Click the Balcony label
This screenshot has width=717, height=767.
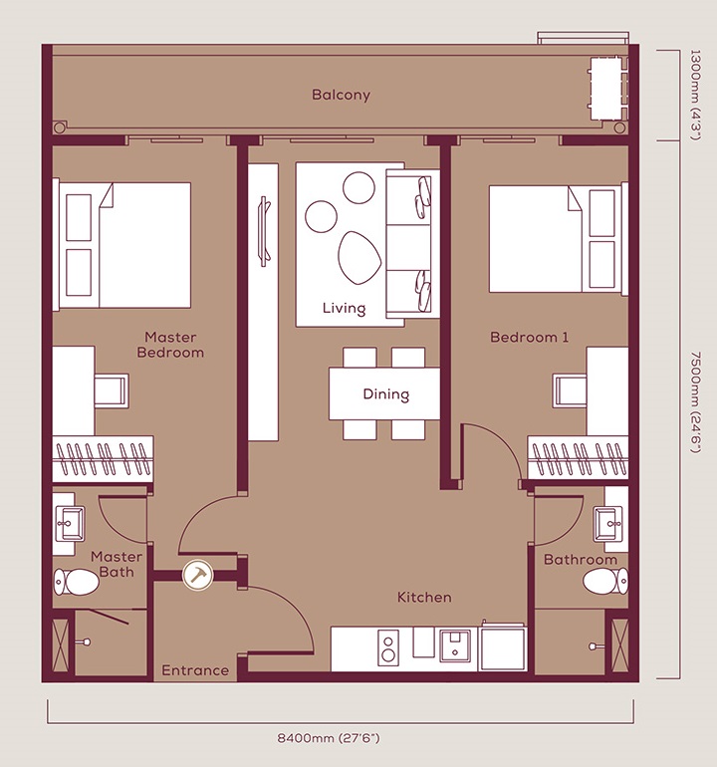341,95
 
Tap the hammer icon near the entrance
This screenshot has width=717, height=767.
197,575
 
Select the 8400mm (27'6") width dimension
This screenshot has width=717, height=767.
329,738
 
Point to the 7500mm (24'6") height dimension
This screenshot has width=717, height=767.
694,401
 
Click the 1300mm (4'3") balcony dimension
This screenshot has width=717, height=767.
694,95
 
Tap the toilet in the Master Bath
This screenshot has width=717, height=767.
76,581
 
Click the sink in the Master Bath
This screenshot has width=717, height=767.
70,523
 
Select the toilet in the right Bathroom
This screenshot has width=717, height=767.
605,582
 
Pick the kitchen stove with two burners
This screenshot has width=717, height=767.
388,648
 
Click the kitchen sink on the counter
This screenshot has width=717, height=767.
455,645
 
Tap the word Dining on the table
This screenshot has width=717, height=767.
386,394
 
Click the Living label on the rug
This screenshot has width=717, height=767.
344,308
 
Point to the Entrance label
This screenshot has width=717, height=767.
195,670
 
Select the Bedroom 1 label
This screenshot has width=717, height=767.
529,337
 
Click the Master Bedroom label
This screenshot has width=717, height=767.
170,345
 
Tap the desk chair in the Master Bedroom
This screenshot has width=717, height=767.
112,390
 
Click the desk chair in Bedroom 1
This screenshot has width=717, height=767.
570,390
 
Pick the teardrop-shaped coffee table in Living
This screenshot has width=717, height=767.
358,257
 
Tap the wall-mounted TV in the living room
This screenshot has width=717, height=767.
264,231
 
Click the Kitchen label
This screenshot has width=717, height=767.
424,598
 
